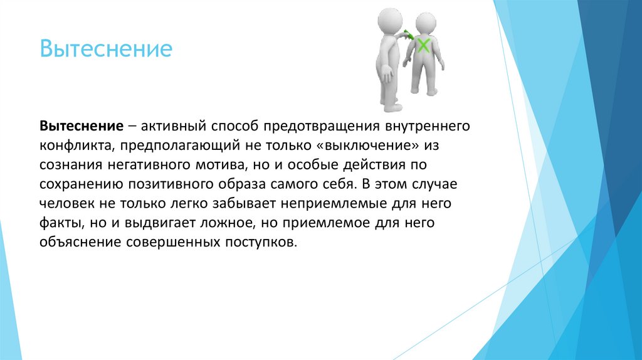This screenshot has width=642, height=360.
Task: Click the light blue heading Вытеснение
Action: [106, 49]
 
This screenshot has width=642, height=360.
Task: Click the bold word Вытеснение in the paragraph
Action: [81, 125]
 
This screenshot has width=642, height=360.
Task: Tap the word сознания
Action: [66, 165]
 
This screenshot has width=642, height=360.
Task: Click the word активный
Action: [174, 125]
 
